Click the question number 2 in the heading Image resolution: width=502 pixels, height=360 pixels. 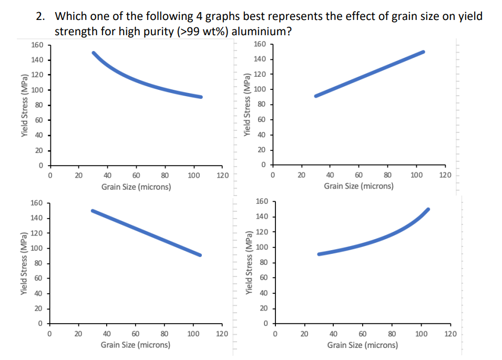pos(40,16)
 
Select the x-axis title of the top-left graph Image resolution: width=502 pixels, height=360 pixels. pos(136,187)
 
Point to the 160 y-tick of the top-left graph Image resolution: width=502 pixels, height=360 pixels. pos(37,45)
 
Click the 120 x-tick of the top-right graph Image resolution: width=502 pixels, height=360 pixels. pos(445,175)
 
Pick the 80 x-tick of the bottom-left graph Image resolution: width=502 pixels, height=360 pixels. pos(164,333)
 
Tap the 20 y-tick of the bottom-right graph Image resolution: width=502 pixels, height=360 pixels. pos(261,308)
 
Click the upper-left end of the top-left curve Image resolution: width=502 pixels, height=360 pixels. pos(94,53)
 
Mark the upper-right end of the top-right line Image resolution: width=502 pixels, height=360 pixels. pos(423,52)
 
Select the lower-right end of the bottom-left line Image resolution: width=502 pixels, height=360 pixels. pos(200,255)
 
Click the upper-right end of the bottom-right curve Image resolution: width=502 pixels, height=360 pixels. pos(428,209)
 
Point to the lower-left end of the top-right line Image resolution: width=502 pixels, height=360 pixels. pos(315,96)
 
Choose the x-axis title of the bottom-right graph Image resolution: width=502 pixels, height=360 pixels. pos(362,345)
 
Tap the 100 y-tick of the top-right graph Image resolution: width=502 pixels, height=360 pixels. pos(259,89)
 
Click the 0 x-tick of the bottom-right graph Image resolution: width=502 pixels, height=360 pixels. pos(274,333)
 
